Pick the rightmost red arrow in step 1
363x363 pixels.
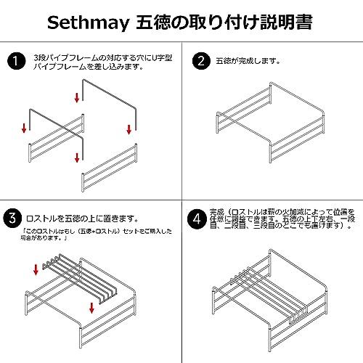129,129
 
